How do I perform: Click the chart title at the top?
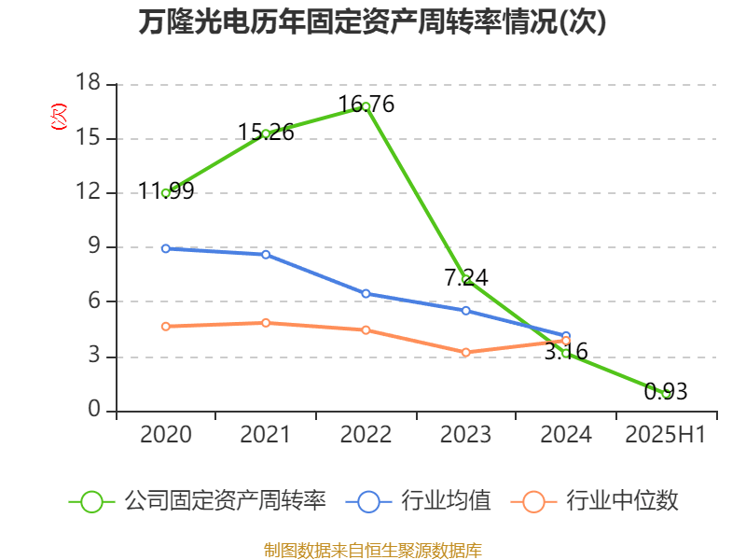pyautogui.click(x=372, y=21)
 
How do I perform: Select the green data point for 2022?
pyautogui.click(x=366, y=106)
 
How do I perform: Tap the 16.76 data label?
pyautogui.click(x=366, y=105)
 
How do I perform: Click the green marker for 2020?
pyautogui.click(x=166, y=193)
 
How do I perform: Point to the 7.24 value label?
pyautogui.click(x=466, y=277)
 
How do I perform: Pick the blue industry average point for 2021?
pyautogui.click(x=266, y=255)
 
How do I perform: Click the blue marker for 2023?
pyautogui.click(x=466, y=311)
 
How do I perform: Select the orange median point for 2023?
pyautogui.click(x=466, y=353)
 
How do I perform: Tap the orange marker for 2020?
pyautogui.click(x=166, y=326)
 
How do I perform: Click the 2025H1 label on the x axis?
pyautogui.click(x=666, y=434)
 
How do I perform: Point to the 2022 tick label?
pyautogui.click(x=366, y=434)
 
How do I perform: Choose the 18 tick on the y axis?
pyautogui.click(x=89, y=82)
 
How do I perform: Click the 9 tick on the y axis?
pyautogui.click(x=95, y=246)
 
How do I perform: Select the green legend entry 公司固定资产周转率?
pyautogui.click(x=198, y=501)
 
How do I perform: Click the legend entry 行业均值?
pyautogui.click(x=419, y=501)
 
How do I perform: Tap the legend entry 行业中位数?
pyautogui.click(x=595, y=501)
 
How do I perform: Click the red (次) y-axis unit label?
pyautogui.click(x=59, y=117)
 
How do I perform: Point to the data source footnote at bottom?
pyautogui.click(x=373, y=551)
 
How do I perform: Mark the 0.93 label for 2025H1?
pyautogui.click(x=666, y=391)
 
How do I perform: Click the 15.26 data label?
pyautogui.click(x=266, y=133)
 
